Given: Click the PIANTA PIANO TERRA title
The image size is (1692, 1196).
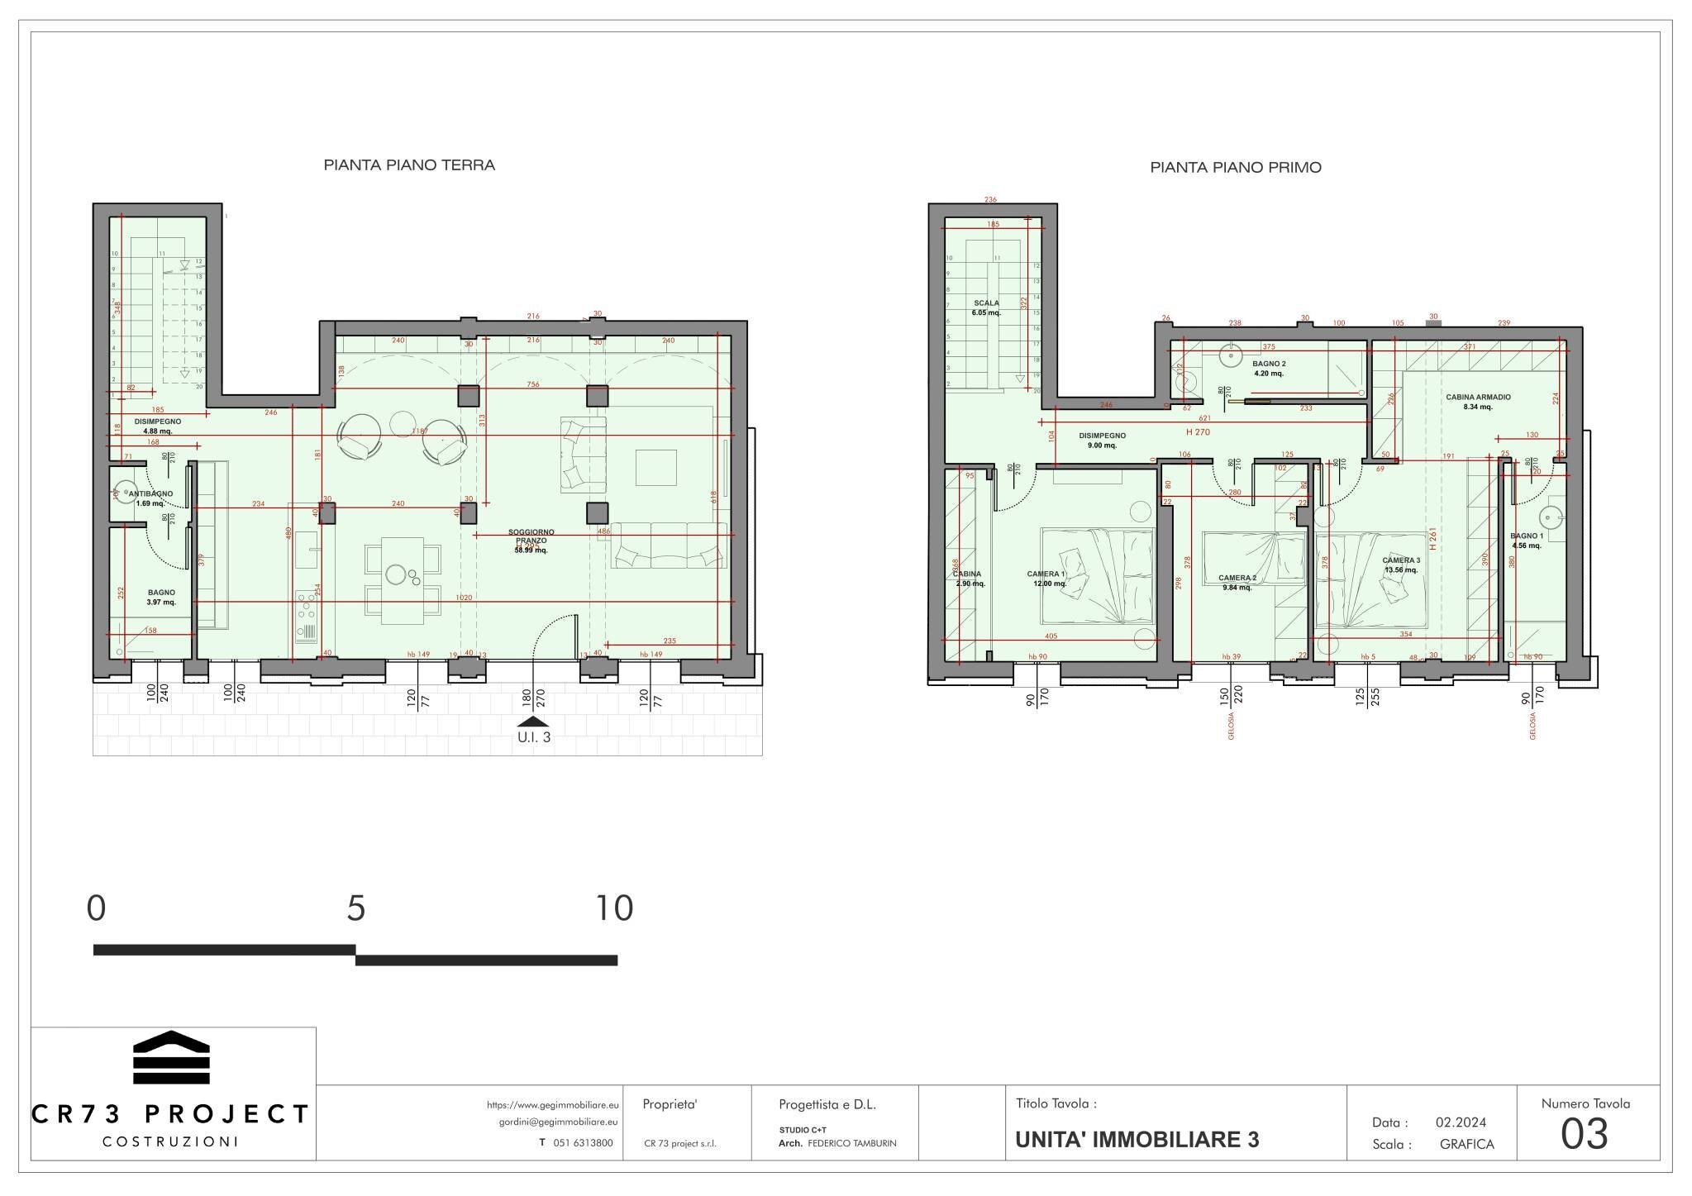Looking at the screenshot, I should pos(409,165).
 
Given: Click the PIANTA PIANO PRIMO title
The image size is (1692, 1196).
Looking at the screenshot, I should pos(1235,168).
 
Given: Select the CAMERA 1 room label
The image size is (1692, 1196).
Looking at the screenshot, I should pos(1046,578).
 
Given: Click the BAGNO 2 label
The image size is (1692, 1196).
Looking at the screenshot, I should pos(1268,368).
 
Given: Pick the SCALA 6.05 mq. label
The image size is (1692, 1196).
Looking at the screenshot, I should pos(987,307).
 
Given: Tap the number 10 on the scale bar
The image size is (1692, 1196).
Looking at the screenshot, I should pos(614,908).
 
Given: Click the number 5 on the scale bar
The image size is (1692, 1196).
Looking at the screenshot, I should pos(355,908).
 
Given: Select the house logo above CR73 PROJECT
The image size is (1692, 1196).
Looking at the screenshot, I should pos(171,1057).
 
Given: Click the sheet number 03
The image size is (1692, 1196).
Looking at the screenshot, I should pos(1584,1134).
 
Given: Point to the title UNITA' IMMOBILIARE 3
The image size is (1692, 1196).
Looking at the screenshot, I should pos(1137,1140).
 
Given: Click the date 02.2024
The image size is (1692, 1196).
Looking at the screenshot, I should pos(1461,1122).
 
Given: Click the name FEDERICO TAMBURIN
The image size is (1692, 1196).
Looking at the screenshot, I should pos(851,1143).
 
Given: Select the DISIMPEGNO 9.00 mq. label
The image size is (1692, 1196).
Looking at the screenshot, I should pos(1102,440).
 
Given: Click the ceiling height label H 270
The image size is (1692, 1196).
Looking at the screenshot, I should pos(1198,432).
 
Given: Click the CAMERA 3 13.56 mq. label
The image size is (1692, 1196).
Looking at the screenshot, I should pos(1401,565).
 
